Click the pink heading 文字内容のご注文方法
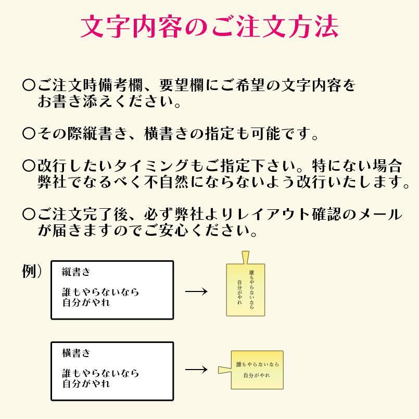tap(209, 26)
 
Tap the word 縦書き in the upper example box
tap(76, 272)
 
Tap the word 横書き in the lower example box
tap(76, 353)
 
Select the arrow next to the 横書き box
tap(196, 370)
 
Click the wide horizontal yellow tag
tap(257, 370)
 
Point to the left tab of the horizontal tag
tap(224, 370)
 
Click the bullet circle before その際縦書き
tap(29, 134)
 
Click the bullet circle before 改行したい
tap(29, 167)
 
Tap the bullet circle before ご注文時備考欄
tap(29, 85)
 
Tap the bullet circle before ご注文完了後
tap(29, 214)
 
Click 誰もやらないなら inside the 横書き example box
tap(100, 373)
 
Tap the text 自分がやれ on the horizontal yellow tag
tap(257, 376)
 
